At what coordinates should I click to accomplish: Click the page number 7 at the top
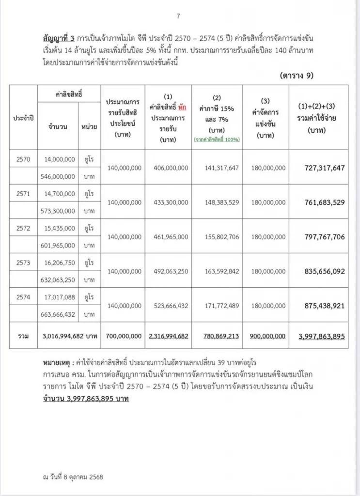(x=178, y=16)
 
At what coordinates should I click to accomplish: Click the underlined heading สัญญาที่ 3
(x=56, y=38)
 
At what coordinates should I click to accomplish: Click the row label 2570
(x=23, y=158)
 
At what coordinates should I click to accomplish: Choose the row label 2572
(x=23, y=228)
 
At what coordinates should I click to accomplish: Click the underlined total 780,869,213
(x=220, y=336)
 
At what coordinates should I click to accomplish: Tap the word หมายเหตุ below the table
(x=58, y=363)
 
